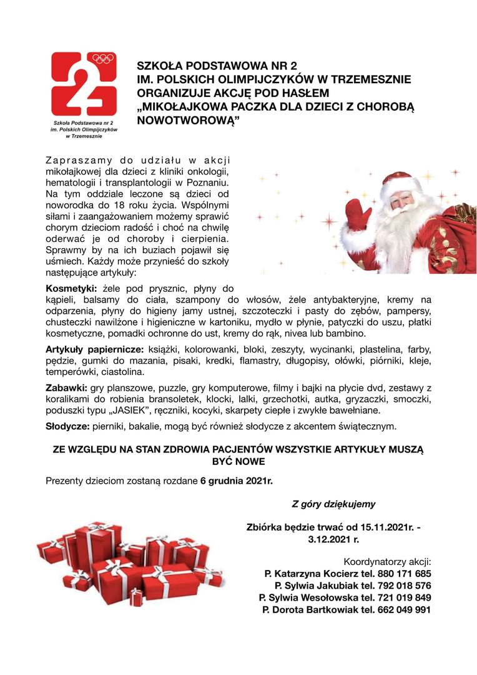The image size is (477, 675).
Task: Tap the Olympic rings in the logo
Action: click(x=104, y=59)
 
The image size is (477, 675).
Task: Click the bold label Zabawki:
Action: click(x=67, y=388)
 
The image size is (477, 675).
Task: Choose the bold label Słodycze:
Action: click(x=67, y=427)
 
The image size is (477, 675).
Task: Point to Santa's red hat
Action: click(x=400, y=181)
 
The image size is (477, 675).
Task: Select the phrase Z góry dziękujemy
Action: click(x=333, y=503)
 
